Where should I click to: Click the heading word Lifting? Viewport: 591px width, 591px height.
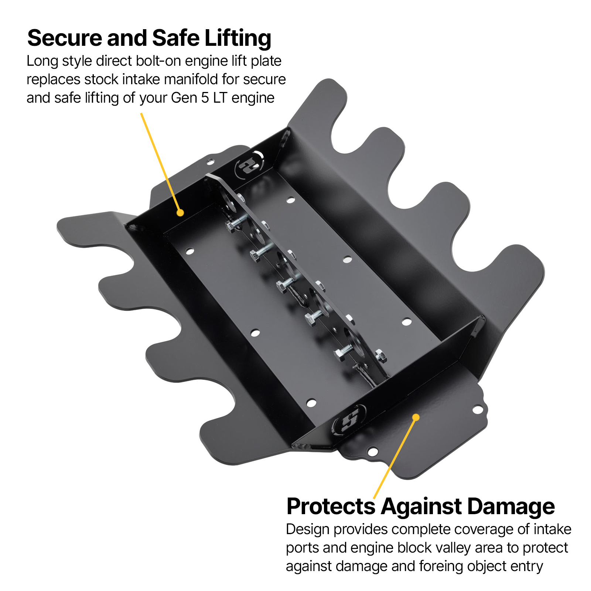[x=238, y=39]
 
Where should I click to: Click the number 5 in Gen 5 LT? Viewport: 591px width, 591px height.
[x=205, y=98]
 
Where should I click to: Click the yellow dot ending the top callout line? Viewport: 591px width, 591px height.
[x=180, y=213]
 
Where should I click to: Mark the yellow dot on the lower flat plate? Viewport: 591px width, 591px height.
[x=416, y=417]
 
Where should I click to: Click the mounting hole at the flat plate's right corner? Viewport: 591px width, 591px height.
[x=478, y=410]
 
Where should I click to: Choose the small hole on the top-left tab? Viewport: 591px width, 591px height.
[x=210, y=161]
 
